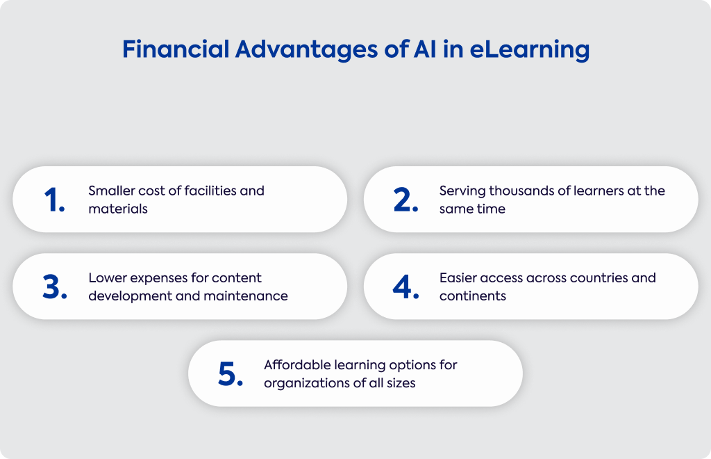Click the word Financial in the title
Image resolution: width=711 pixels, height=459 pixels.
[176, 49]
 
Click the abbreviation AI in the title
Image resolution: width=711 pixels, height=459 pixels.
[425, 49]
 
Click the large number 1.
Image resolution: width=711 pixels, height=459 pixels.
[54, 200]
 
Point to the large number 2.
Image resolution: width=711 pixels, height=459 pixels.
[405, 200]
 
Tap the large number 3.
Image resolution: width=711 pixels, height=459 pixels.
[55, 287]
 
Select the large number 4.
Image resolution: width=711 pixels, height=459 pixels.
[405, 287]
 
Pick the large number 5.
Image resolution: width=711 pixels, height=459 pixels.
[231, 374]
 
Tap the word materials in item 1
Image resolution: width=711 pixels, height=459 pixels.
[118, 209]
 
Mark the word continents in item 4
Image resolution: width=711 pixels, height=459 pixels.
[472, 296]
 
